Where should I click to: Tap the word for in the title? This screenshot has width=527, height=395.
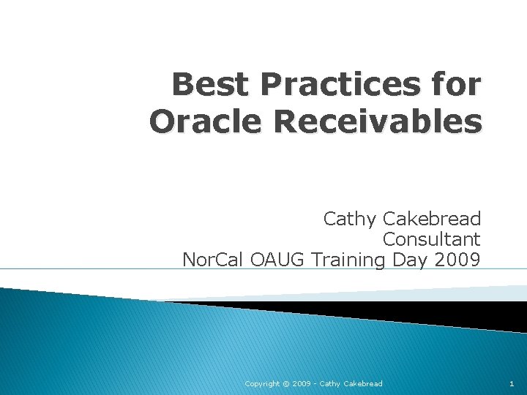[x=456, y=86]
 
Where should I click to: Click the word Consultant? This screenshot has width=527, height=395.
[x=431, y=239]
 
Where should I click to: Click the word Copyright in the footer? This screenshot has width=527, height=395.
[x=261, y=383]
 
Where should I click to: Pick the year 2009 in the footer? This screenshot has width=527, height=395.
[x=301, y=383]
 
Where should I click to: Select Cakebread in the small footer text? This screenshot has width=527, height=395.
[x=362, y=383]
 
